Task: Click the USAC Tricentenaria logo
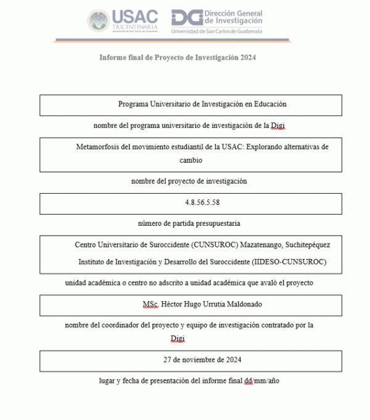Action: tap(123, 22)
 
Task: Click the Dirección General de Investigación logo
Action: tap(216, 22)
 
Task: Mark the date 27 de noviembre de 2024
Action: tap(202, 360)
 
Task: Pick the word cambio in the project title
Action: tap(191, 160)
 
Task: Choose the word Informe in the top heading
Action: tap(113, 57)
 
